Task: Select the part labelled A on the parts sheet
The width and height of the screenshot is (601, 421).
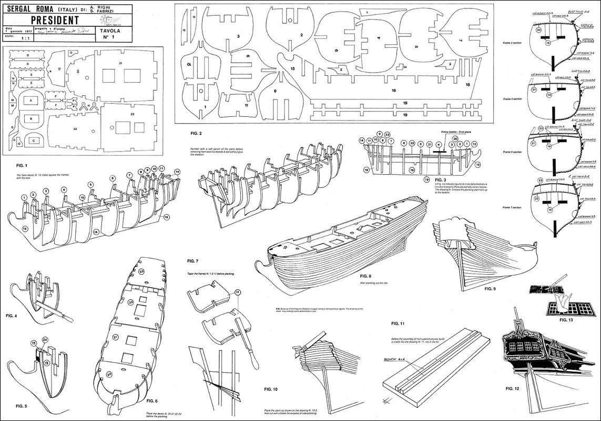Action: (x=31, y=100)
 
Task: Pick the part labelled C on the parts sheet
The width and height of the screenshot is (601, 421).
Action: (x=33, y=141)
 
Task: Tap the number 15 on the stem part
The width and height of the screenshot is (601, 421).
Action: (x=292, y=69)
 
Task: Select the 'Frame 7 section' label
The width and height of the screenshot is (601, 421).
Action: (x=511, y=208)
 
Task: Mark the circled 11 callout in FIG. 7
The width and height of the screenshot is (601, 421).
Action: (x=238, y=292)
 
